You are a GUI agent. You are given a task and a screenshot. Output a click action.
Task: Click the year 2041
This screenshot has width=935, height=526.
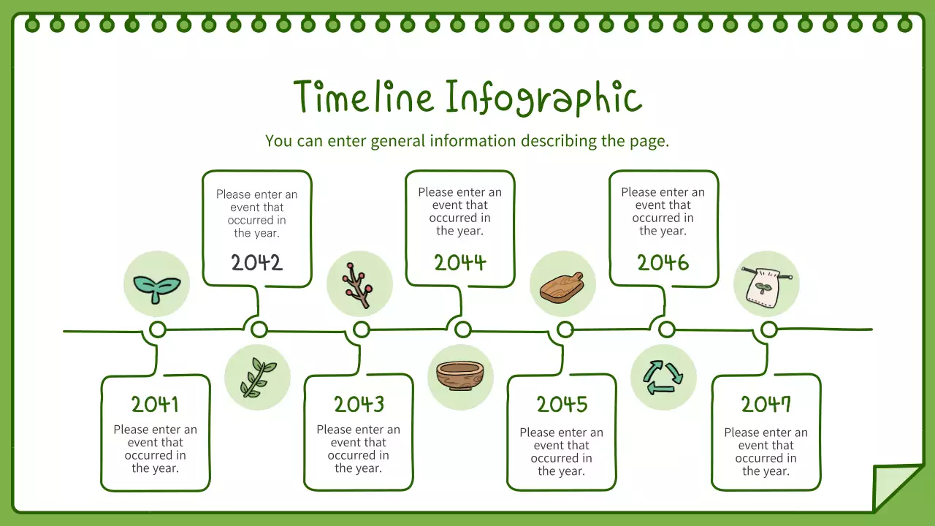155,404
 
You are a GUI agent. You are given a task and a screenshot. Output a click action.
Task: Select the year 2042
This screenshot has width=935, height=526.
256,263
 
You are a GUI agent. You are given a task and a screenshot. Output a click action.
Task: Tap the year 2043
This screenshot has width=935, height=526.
359,404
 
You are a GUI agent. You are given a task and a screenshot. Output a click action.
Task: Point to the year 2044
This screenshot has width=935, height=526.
460,263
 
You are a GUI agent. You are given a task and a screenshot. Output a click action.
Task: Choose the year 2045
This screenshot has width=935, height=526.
562,404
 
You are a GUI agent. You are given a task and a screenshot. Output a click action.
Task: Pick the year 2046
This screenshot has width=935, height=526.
663,263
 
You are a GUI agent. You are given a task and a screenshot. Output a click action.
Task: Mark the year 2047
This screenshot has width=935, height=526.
766,404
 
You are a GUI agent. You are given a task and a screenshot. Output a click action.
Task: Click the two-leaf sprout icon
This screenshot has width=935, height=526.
156,284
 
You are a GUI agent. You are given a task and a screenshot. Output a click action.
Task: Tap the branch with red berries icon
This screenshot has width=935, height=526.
359,284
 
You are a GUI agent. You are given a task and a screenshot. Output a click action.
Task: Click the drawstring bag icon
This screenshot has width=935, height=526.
766,284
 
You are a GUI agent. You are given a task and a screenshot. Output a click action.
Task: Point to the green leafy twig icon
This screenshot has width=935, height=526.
257,378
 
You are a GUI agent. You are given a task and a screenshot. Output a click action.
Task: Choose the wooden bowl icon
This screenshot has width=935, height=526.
460,376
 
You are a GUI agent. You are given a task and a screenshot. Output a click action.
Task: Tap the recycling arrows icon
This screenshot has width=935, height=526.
663,378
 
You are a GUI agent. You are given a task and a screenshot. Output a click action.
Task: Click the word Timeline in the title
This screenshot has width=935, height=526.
363,97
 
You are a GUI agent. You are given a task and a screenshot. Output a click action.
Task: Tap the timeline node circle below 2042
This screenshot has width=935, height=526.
259,329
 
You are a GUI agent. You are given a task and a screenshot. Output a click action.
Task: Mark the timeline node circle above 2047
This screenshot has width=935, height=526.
768,330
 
